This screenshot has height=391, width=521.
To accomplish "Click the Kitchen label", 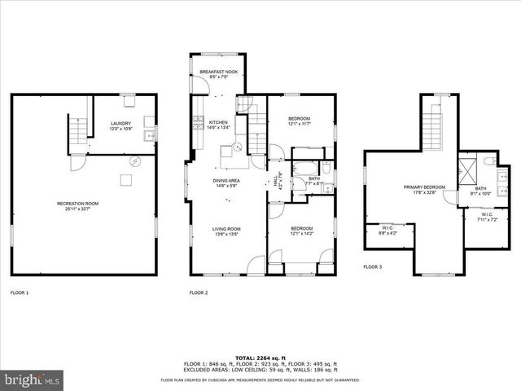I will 207,121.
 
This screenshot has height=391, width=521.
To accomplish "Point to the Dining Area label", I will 225,181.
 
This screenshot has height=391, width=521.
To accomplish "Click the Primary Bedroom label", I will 424,187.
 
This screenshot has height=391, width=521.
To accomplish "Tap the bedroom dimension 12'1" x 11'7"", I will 300,124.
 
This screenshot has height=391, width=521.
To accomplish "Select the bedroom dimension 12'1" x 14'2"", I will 300,234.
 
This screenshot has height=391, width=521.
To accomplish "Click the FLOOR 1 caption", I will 20,292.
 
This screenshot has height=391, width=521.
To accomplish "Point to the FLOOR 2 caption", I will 199,292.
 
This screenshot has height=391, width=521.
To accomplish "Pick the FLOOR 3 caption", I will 372,266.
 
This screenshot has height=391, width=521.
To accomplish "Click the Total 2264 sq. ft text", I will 260,357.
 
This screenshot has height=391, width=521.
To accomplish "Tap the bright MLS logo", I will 33,380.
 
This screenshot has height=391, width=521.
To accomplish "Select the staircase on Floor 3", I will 440,122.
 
